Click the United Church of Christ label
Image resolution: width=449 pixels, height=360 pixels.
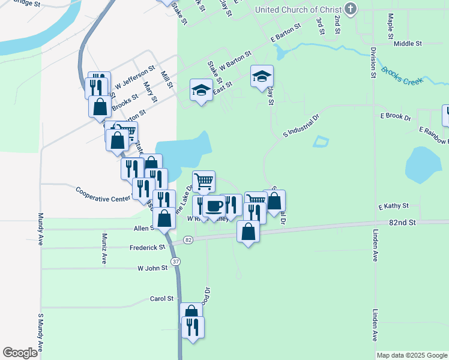point(298,10)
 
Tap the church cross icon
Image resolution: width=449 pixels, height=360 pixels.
point(351,9)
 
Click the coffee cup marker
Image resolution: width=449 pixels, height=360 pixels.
point(214,206)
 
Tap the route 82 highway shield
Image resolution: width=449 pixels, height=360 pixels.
point(188,240)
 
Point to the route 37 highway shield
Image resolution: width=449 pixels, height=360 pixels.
point(175,261)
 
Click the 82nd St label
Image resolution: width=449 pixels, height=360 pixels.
point(402,222)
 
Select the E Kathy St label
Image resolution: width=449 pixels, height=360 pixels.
point(393,206)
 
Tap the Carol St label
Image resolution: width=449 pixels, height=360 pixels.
point(161,298)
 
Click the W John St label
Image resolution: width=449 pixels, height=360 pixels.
point(152,268)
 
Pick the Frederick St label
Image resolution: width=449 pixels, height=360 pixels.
point(147,247)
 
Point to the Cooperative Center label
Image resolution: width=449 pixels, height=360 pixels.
point(103,194)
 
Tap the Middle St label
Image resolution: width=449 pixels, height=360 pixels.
point(408,44)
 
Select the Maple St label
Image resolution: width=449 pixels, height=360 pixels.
point(390,25)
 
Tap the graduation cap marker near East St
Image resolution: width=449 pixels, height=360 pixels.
point(201,91)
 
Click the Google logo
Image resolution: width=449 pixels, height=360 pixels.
point(20,353)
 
